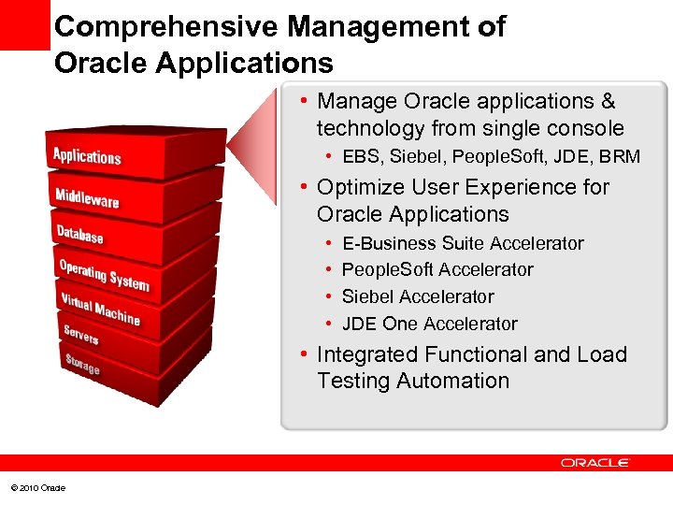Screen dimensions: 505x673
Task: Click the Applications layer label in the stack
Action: click(87, 156)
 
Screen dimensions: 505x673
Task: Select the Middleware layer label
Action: click(87, 198)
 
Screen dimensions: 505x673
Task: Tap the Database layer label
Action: click(79, 234)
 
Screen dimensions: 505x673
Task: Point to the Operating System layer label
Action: click(104, 274)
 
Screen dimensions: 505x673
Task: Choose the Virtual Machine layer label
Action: click(100, 310)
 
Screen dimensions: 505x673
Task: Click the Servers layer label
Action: click(80, 334)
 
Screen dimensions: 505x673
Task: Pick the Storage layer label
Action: click(81, 364)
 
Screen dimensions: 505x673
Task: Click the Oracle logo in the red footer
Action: click(595, 463)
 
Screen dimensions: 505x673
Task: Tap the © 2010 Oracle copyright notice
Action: click(38, 488)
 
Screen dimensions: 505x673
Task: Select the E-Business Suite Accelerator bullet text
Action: click(463, 243)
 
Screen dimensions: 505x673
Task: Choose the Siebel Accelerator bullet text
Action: click(418, 296)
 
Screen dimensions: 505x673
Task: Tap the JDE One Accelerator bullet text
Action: click(429, 324)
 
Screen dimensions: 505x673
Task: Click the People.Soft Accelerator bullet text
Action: click(437, 269)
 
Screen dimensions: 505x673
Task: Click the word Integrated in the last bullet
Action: click(368, 354)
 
